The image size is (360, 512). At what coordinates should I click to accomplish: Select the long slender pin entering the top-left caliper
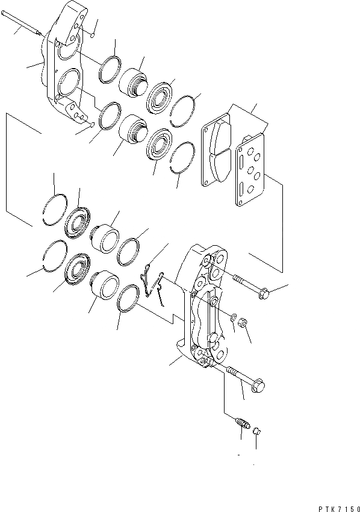(x=21, y=25)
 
